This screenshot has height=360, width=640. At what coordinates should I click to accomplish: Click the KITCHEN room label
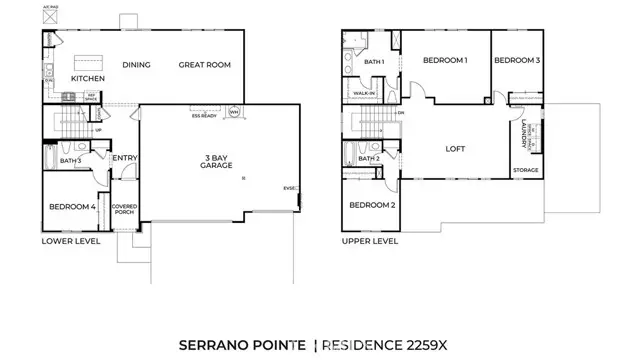tap(88, 78)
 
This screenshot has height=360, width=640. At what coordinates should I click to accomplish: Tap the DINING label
tap(137, 66)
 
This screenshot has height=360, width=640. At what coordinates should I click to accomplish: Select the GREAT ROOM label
tap(205, 66)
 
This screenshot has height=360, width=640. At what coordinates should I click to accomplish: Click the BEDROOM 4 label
tap(72, 207)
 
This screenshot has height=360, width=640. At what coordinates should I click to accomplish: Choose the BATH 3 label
tap(70, 160)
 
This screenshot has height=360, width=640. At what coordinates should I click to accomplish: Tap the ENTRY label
tap(125, 158)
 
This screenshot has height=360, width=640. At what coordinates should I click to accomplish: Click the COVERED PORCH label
tap(125, 209)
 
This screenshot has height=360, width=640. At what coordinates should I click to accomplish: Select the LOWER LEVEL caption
tap(69, 241)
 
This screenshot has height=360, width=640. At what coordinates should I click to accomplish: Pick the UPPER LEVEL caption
tap(371, 241)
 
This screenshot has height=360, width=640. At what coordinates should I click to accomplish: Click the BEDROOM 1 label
tap(445, 61)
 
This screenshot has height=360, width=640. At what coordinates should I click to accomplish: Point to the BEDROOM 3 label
tap(517, 61)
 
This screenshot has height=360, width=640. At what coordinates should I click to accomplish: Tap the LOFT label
tap(457, 149)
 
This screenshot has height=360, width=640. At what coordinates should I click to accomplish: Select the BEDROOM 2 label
tap(372, 206)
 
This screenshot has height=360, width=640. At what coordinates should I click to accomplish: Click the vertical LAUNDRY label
tap(526, 134)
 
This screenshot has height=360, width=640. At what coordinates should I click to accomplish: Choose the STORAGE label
tap(526, 171)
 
